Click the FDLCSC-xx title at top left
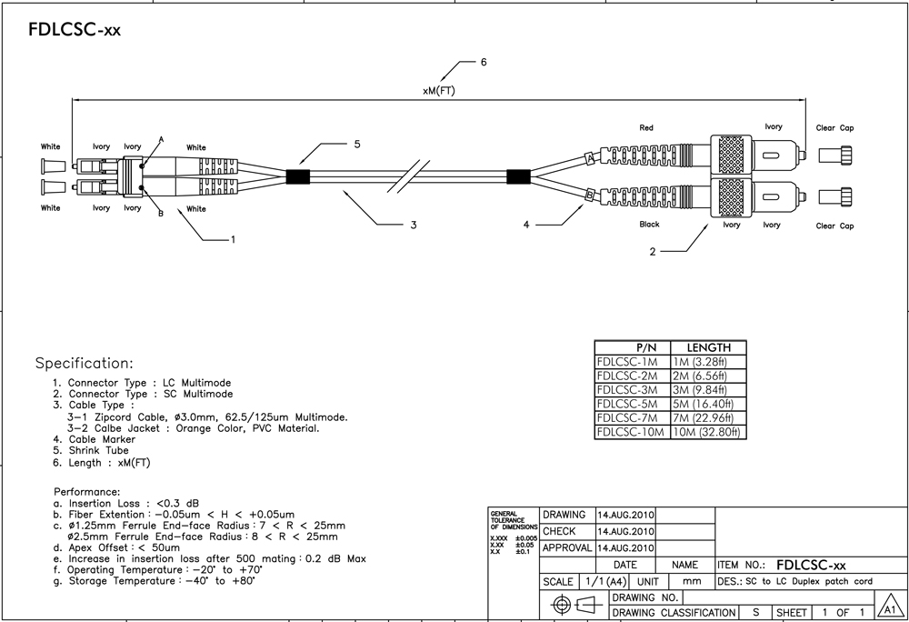pyautogui.click(x=75, y=30)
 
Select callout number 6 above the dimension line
pyautogui.click(x=484, y=63)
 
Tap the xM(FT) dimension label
pyautogui.click(x=439, y=92)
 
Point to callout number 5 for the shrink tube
pyautogui.click(x=357, y=144)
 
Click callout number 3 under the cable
pyautogui.click(x=413, y=225)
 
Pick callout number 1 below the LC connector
pyautogui.click(x=233, y=240)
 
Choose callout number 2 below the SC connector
pyautogui.click(x=653, y=253)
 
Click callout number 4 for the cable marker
pyautogui.click(x=525, y=225)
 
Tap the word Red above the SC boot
pyautogui.click(x=646, y=128)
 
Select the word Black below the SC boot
pyautogui.click(x=649, y=225)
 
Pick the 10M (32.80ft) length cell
pyautogui.click(x=708, y=432)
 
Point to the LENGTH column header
pyautogui.click(x=708, y=347)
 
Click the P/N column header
pyautogui.click(x=632, y=347)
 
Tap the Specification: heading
pyautogui.click(x=84, y=363)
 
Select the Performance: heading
pyautogui.click(x=87, y=492)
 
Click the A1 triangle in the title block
pyautogui.click(x=889, y=609)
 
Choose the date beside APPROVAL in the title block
pyautogui.click(x=625, y=548)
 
